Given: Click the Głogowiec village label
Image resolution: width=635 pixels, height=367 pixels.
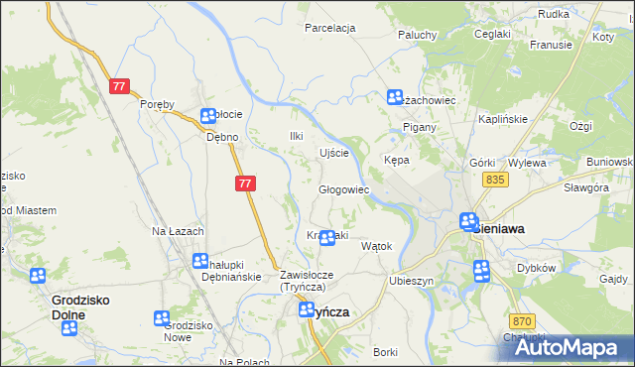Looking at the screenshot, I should point(343,188).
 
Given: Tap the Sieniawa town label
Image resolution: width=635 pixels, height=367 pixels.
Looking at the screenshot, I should point(501,227).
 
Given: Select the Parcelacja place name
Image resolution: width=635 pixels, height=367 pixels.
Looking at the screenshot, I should point(329,28).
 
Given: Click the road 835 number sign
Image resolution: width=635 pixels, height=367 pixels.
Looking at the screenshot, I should point(497,179).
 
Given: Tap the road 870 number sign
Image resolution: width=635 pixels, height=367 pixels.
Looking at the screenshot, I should point(523,320).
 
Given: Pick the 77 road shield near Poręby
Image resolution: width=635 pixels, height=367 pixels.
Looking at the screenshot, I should point(119,86).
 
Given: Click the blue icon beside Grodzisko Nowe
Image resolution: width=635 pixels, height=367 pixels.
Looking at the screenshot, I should point(162,318).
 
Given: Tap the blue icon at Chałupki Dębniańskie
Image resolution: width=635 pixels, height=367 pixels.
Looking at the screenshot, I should point(199,261).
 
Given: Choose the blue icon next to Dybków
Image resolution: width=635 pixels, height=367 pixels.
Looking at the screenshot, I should point(481,270).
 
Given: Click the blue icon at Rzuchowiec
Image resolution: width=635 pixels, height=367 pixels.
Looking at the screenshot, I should point(394,97).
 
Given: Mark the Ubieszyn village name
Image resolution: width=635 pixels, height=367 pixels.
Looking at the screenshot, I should point(413,281).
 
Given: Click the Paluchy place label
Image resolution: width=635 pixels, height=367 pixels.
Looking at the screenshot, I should point(418,35).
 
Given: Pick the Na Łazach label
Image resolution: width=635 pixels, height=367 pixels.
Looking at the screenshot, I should point(178,231).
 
